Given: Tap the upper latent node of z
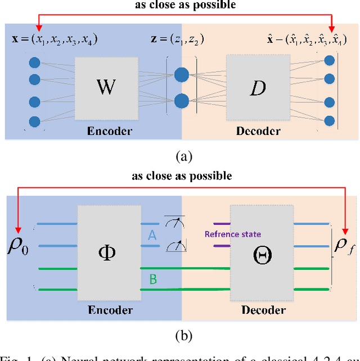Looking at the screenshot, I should coord(182,74).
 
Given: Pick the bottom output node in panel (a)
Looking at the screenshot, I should coord(330,120).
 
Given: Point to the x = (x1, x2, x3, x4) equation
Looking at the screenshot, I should coord(55,39).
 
